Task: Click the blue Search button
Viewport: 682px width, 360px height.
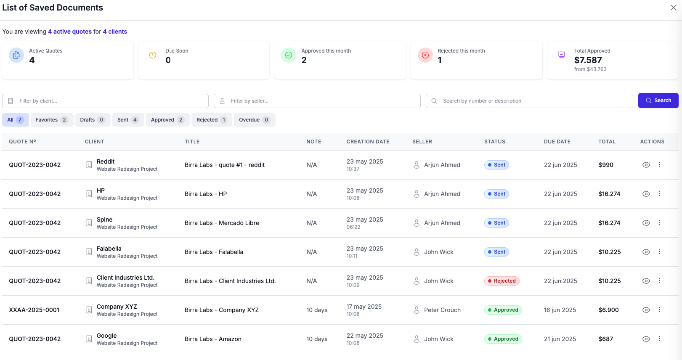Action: (658, 101)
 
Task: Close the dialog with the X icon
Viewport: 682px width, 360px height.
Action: (673, 8)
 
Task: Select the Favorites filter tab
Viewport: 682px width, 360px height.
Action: (51, 120)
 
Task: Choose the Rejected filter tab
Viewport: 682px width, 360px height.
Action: (211, 120)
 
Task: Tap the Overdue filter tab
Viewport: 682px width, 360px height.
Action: (254, 120)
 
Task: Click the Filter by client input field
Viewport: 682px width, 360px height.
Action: (105, 101)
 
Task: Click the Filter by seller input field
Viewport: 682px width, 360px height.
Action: (317, 101)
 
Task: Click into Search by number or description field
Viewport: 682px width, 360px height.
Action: (529, 101)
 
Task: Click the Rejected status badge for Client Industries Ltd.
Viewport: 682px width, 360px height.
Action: (502, 281)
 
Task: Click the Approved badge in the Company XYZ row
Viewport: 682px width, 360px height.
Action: (503, 310)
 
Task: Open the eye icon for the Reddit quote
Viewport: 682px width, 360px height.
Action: (646, 165)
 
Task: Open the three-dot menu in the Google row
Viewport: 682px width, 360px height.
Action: (660, 339)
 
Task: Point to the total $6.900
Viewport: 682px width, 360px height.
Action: (608, 310)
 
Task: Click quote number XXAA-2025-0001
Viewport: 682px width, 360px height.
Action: (34, 310)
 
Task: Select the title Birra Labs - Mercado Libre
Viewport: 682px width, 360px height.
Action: (222, 223)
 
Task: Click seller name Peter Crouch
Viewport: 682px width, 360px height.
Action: (442, 310)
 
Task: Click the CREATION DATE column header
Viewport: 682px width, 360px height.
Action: (368, 142)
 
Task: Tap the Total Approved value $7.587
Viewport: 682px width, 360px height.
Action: (588, 60)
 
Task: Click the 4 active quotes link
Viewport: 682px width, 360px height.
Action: (70, 32)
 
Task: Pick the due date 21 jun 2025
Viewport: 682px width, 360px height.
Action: (560, 339)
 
